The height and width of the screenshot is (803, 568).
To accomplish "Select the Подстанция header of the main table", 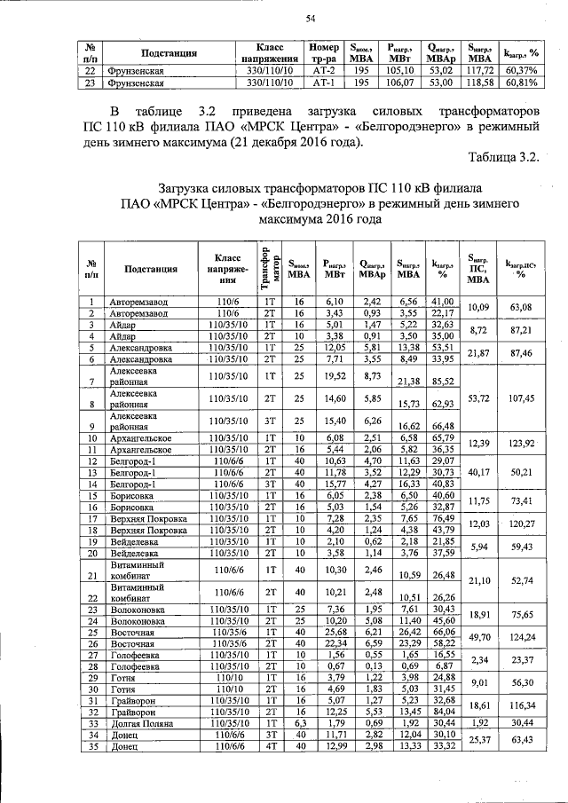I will click(152, 268).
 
